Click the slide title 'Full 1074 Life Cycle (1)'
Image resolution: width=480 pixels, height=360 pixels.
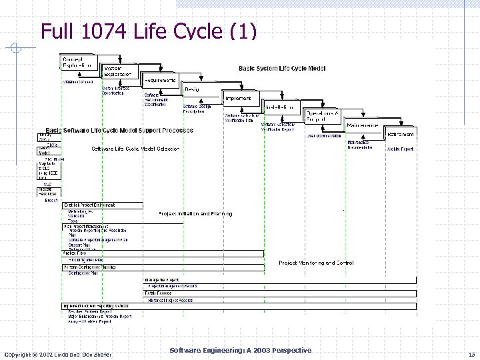[147, 31]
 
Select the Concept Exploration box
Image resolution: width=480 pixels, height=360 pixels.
[79, 63]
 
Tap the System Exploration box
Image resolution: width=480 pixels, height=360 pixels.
[121, 71]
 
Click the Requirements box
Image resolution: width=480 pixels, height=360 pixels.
[161, 81]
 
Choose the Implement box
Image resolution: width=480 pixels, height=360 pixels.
[239, 98]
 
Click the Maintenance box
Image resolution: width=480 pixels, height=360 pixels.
[363, 125]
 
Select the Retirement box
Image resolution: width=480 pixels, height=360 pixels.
[400, 134]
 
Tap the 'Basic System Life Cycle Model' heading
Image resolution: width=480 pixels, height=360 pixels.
[282, 69]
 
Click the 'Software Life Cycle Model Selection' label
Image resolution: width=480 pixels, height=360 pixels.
[135, 149]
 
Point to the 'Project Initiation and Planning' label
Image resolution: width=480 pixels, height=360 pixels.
[195, 214]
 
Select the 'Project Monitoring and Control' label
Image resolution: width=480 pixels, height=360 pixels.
[316, 263]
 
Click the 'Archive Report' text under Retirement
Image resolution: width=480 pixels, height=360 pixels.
[400, 149]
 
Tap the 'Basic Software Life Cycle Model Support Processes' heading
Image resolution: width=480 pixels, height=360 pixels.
[119, 130]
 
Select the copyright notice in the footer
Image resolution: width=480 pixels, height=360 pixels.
[58, 353]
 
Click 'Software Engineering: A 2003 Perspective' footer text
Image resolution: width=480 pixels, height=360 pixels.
[240, 350]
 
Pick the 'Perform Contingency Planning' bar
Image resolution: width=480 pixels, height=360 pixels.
[89, 267]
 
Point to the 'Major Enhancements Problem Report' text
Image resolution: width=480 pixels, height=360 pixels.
[99, 317]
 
